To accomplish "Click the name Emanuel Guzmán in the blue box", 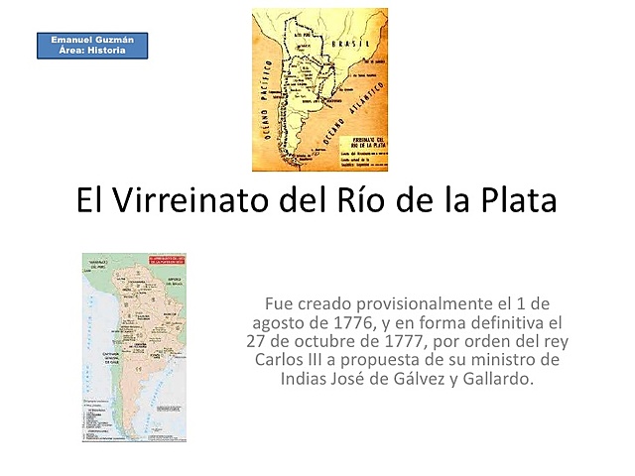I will [x=92, y=39].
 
